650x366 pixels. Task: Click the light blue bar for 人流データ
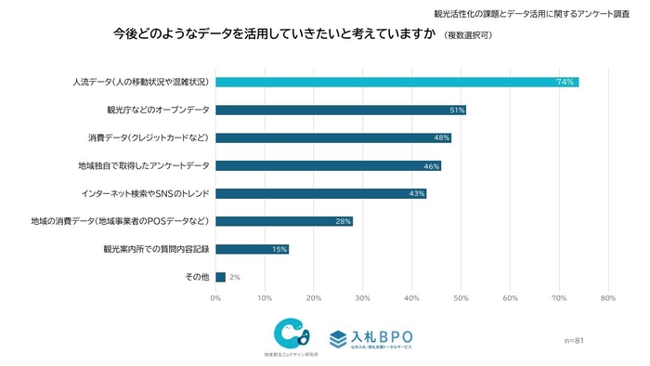(x=396, y=82)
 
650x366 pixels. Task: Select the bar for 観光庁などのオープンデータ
(x=340, y=110)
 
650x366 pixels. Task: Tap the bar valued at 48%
(x=332, y=137)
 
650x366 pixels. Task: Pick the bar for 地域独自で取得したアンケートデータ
(x=328, y=165)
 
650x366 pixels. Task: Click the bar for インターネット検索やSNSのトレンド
(x=320, y=193)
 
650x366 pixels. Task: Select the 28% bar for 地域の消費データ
(x=283, y=221)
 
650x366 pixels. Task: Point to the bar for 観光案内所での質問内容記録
(x=252, y=249)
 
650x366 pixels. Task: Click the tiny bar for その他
(x=220, y=277)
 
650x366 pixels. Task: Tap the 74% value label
(x=563, y=82)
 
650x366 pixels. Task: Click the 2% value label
(x=235, y=277)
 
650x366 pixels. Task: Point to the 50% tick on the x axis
(x=461, y=298)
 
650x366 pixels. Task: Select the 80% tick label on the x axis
(x=608, y=298)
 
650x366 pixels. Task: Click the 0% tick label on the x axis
(x=216, y=298)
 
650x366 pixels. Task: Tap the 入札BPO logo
(x=371, y=337)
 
